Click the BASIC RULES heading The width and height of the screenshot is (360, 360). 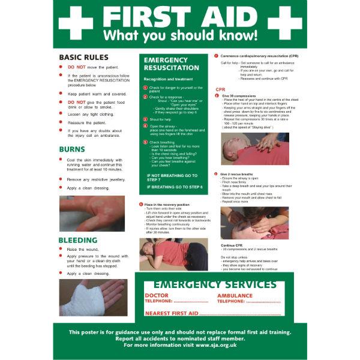pos(83,57)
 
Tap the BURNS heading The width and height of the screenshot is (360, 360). pos(71,149)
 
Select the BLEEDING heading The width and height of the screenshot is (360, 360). pos(78,241)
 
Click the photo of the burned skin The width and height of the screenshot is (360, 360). pos(92,213)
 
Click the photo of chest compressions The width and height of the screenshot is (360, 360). pos(254,149)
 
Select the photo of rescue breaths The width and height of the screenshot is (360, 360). pos(254,223)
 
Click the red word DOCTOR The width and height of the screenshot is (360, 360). pos(157,296)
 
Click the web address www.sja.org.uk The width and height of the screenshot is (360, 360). pos(215,345)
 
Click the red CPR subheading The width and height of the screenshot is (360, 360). pos(220,89)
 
